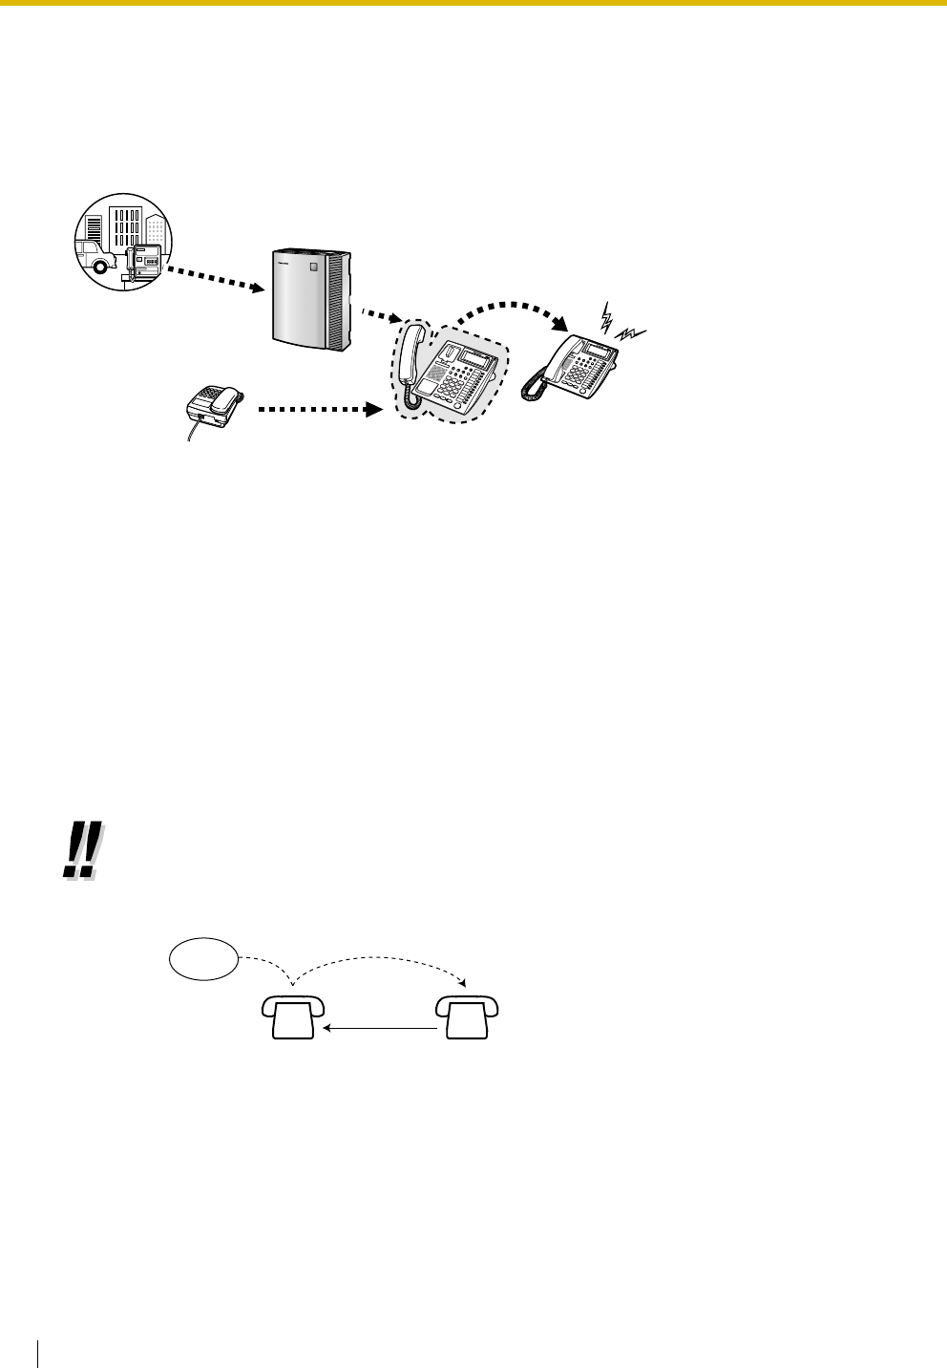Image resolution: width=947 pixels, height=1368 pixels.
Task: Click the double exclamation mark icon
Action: pyautogui.click(x=79, y=852)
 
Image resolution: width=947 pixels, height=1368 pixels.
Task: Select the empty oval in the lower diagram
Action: pyautogui.click(x=202, y=958)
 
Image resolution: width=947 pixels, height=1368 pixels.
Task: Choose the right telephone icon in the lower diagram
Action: pyautogui.click(x=468, y=1015)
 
